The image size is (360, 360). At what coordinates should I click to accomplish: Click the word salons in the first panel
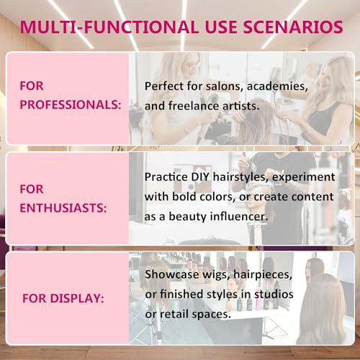(x=222, y=86)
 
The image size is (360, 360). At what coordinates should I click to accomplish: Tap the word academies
(x=276, y=86)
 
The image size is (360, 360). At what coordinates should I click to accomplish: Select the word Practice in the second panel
(x=168, y=176)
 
